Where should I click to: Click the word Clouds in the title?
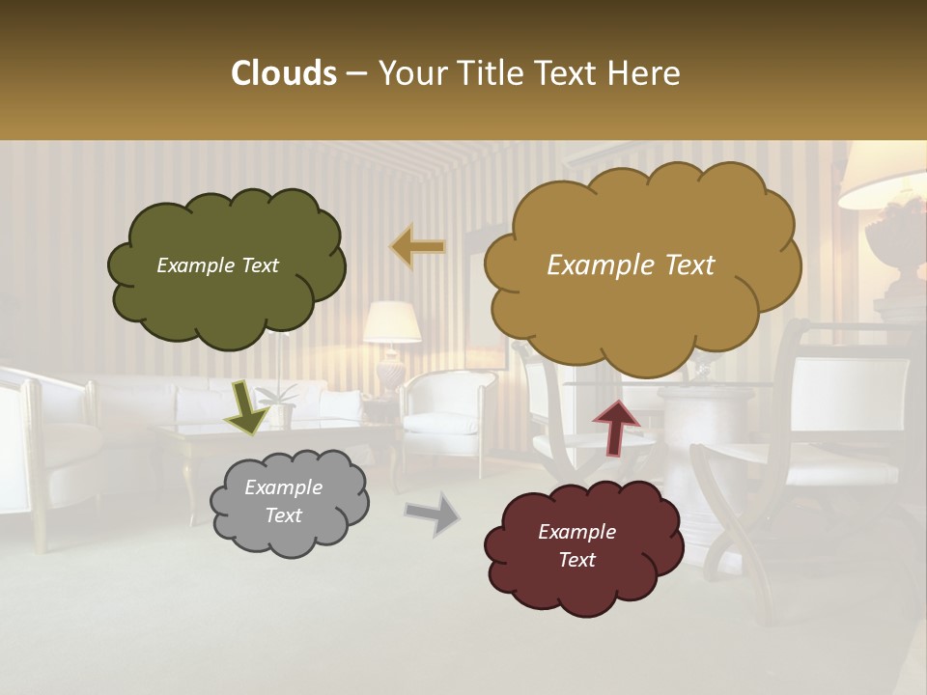click(284, 73)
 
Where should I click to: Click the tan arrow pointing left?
click(418, 247)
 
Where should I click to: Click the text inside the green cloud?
click(217, 265)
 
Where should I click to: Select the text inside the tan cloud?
click(631, 265)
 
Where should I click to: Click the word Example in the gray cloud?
click(283, 487)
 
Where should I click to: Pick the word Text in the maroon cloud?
click(576, 560)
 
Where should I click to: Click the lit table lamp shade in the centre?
click(392, 322)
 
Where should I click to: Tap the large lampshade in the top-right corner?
click(884, 179)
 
